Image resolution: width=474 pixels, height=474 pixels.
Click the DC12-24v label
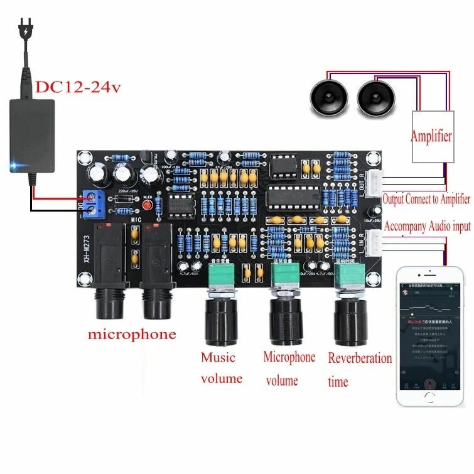coord(77,87)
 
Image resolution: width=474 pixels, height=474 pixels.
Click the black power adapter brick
coord(31,136)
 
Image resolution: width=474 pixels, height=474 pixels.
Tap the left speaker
coord(328,97)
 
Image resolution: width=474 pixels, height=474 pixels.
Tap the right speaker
coord(375,97)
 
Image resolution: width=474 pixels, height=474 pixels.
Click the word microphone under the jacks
coord(132,334)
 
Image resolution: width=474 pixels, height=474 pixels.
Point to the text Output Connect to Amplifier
coord(426,199)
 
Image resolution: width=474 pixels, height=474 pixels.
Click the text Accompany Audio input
coord(426,226)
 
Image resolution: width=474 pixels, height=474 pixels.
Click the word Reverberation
coord(360,358)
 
